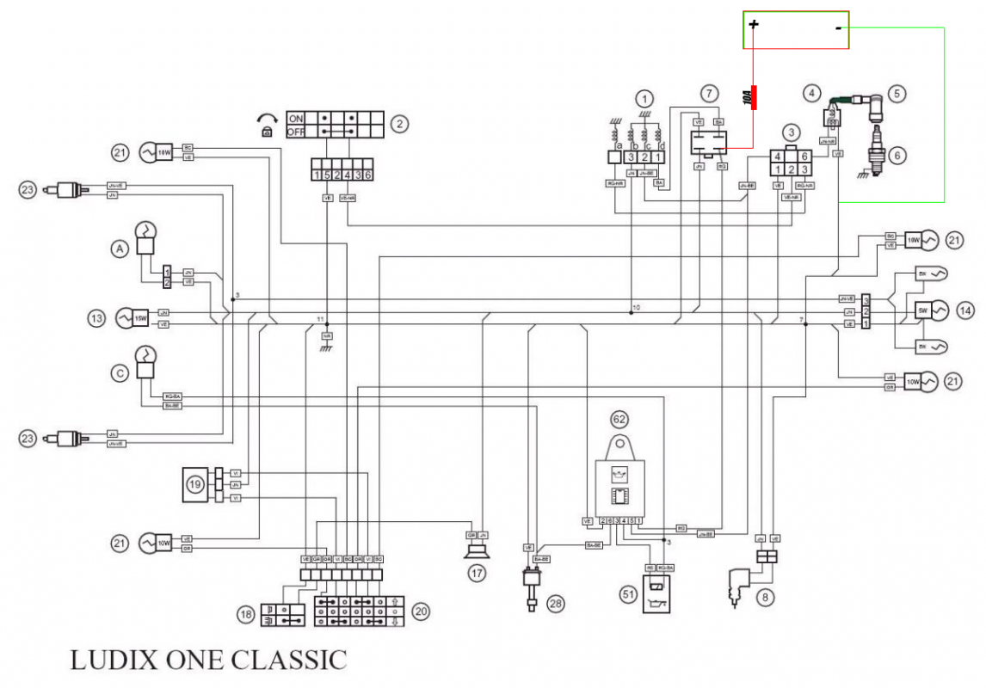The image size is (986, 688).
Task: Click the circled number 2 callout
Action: point(399,124)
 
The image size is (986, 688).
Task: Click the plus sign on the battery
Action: point(754,24)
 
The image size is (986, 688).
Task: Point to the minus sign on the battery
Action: point(838,28)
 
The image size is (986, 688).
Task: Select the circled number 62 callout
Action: point(619,420)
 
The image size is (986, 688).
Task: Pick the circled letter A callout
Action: point(119,248)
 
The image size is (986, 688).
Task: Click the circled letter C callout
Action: point(119,373)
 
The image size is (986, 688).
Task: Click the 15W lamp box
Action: point(140,317)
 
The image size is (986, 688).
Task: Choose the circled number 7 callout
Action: point(707,93)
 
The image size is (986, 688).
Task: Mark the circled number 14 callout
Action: point(964,310)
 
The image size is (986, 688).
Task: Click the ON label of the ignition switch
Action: point(297,118)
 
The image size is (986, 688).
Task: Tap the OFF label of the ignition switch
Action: point(297,132)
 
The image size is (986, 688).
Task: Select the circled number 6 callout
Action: point(897,156)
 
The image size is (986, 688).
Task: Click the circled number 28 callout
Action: point(556,604)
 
